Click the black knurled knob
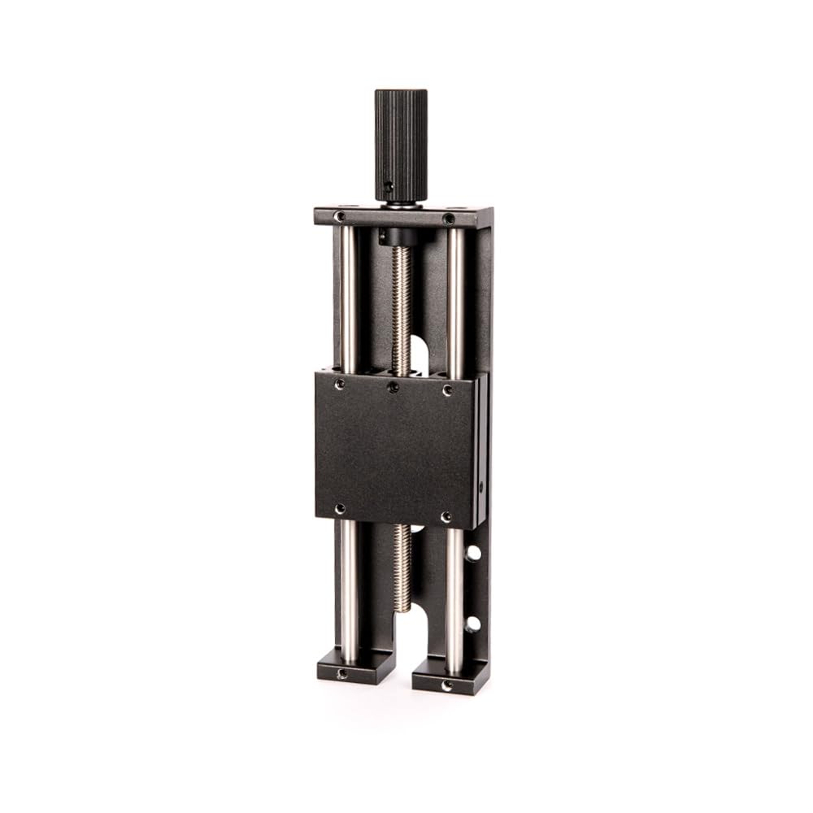401,142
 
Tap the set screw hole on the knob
389,186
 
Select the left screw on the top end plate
340,216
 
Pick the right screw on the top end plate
448,219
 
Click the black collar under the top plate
396,237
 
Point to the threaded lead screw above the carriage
402,309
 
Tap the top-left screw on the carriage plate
340,383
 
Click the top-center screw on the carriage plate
393,387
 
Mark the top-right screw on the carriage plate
447,390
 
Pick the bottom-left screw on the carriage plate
340,509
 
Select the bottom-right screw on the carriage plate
446,517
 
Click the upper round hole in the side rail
473,553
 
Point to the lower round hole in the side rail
473,624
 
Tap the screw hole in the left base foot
342,673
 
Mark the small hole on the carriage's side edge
480,487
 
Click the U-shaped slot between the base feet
403,642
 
